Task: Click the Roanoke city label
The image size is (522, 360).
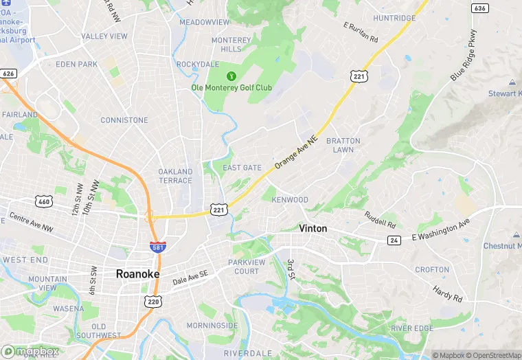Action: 137,273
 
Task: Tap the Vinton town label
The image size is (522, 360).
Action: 313,228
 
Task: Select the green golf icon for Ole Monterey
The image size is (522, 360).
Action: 231,76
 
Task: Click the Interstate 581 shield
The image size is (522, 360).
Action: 157,246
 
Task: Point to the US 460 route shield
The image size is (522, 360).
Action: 45,201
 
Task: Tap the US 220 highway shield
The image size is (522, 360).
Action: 152,301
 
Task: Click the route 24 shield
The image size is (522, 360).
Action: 394,240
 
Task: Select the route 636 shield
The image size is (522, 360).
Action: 480,8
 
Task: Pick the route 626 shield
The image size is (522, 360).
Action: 9,74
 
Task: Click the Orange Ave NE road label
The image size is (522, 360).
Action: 296,153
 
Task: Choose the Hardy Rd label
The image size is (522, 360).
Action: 448,293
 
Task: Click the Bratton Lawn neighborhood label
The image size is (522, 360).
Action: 343,145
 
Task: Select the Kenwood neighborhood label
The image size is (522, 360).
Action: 290,200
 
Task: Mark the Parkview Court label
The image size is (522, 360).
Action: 244,267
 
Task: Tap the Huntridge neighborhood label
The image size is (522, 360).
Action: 394,18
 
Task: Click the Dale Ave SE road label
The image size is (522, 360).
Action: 190,277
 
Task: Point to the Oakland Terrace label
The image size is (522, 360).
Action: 175,176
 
